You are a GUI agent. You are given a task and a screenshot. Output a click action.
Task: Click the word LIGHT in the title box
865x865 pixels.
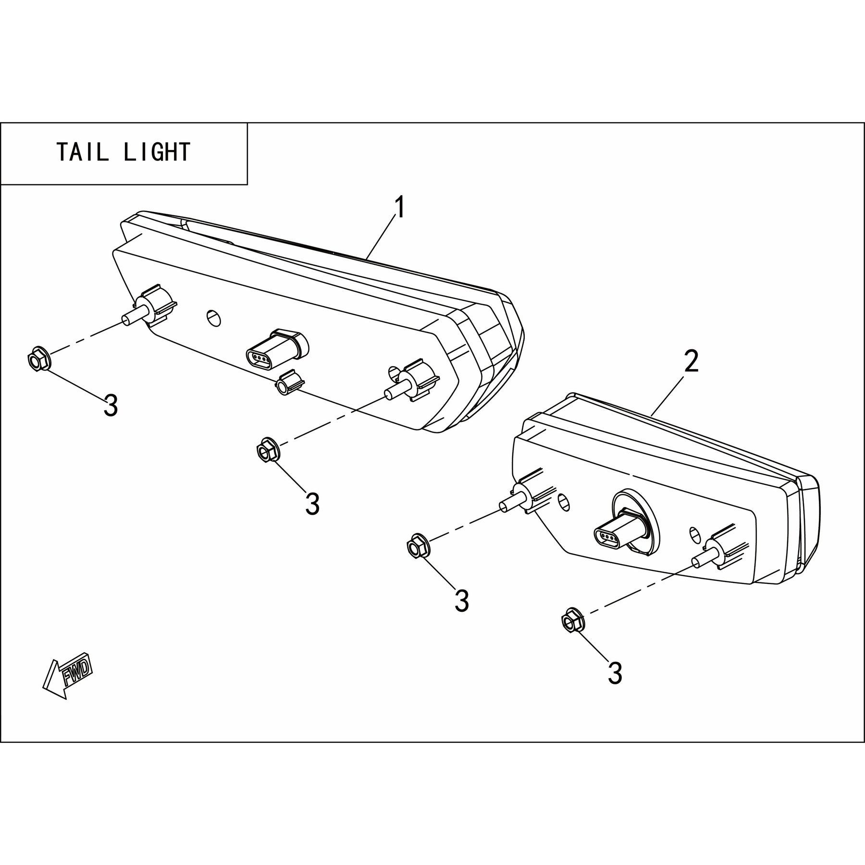(157, 152)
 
